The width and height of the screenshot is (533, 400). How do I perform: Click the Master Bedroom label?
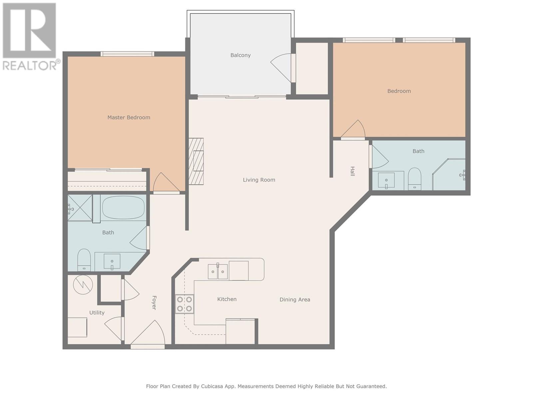(x=129, y=118)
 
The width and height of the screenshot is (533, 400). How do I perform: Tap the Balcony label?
(x=241, y=55)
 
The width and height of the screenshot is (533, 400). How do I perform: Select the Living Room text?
(x=259, y=180)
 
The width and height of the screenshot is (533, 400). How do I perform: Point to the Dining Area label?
(x=295, y=300)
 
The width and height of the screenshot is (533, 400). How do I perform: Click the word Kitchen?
(x=227, y=299)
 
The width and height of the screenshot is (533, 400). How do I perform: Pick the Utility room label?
(x=97, y=313)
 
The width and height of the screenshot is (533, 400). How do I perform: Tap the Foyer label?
(x=154, y=303)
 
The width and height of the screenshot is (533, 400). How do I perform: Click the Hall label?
(x=352, y=171)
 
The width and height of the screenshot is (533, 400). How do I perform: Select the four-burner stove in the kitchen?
(x=185, y=304)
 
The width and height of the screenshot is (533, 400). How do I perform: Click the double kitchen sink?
(x=218, y=272)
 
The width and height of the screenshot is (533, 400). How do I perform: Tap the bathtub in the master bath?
(x=123, y=208)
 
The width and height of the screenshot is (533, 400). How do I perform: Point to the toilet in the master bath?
(x=84, y=260)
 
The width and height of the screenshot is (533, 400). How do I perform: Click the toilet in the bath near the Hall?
(x=415, y=179)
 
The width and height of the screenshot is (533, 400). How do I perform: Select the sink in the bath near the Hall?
(x=386, y=181)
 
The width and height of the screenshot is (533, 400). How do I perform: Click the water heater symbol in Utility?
(x=83, y=284)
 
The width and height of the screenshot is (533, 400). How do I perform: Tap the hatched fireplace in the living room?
(x=196, y=161)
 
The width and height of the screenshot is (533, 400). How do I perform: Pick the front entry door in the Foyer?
(x=148, y=334)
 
